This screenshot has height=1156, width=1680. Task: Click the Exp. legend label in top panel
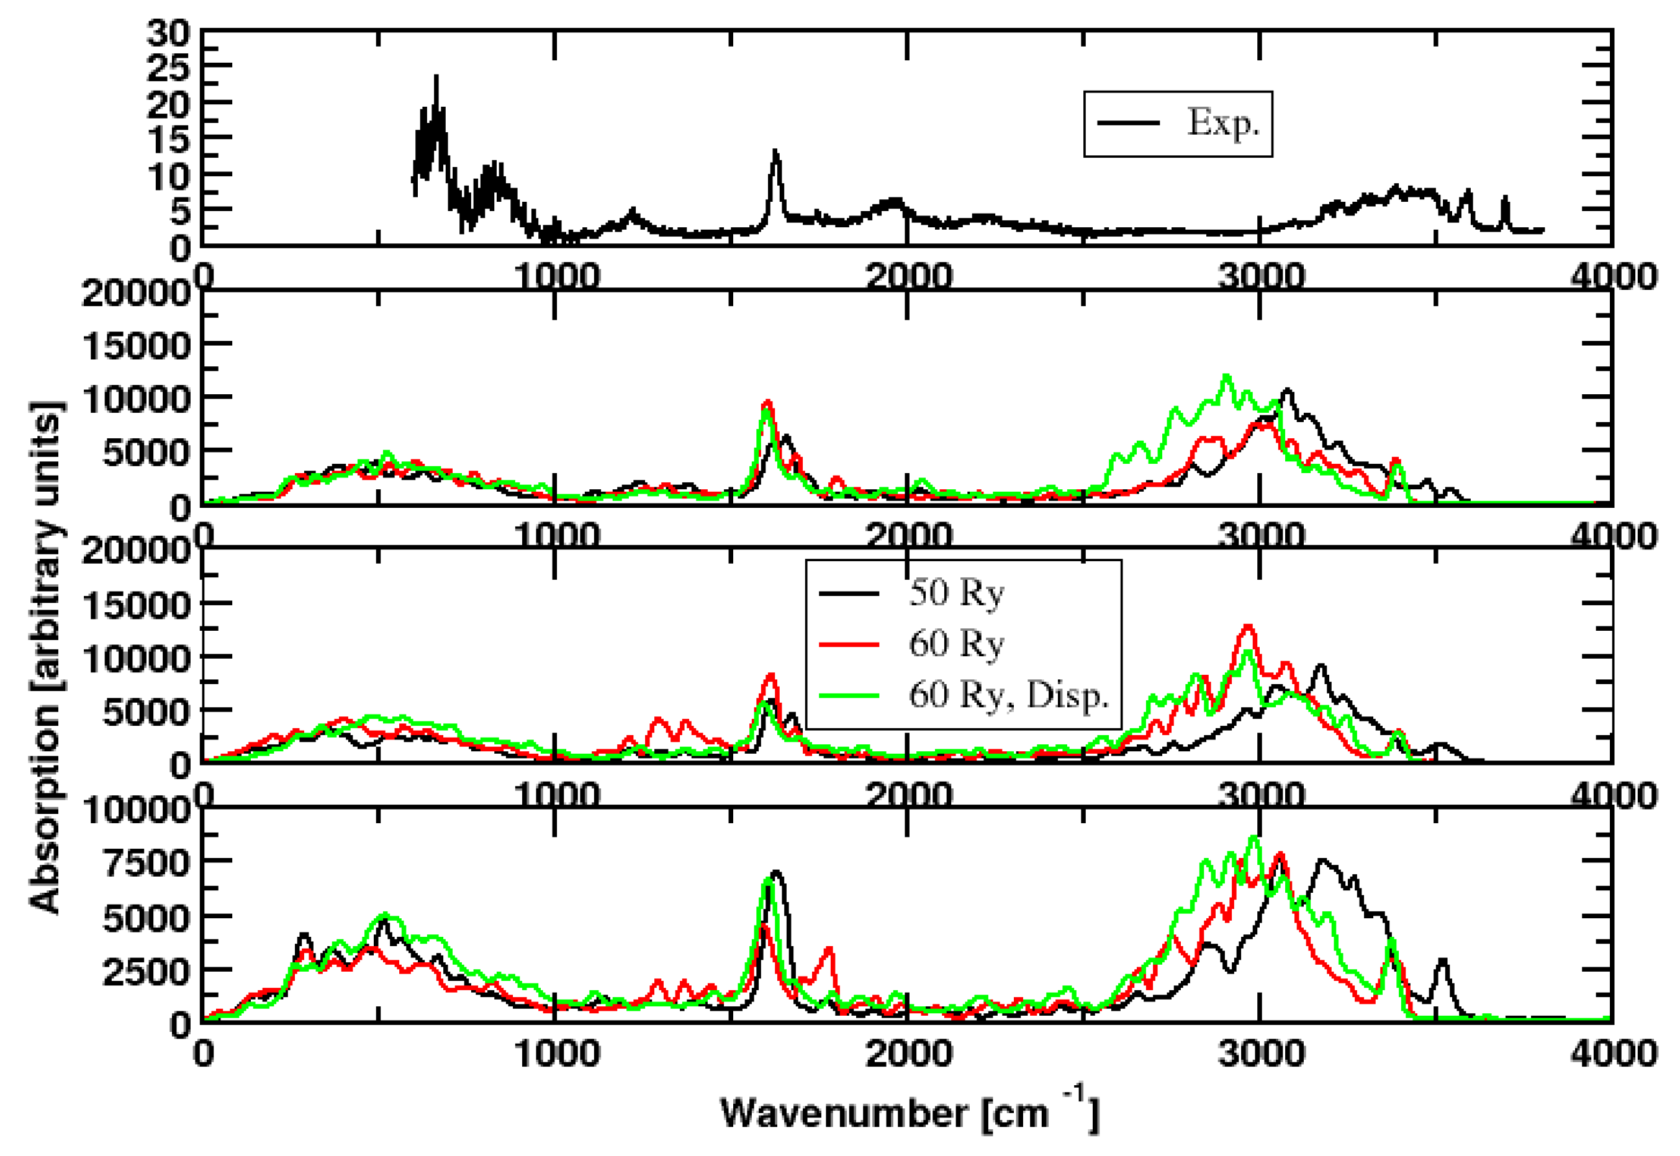click(1222, 122)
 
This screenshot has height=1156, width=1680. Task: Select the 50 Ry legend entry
click(956, 594)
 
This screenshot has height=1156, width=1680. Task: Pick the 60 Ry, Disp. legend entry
click(1008, 695)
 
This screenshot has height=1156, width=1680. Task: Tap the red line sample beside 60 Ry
click(849, 644)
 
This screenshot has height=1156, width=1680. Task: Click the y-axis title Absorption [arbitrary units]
click(45, 656)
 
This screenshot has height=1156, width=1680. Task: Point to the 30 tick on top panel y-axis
click(168, 32)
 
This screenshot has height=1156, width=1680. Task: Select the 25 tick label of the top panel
click(168, 68)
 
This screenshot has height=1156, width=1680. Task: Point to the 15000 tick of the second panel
click(136, 345)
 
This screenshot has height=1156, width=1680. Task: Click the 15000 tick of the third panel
click(136, 604)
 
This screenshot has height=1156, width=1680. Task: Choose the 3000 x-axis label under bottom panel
click(1260, 1053)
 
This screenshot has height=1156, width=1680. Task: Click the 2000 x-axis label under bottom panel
click(908, 1053)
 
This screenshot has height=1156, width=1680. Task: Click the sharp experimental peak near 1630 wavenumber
click(775, 151)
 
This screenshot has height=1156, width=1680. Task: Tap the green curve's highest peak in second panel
click(1226, 376)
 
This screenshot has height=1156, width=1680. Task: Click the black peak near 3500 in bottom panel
click(1442, 960)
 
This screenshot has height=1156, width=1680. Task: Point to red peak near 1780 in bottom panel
click(830, 948)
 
